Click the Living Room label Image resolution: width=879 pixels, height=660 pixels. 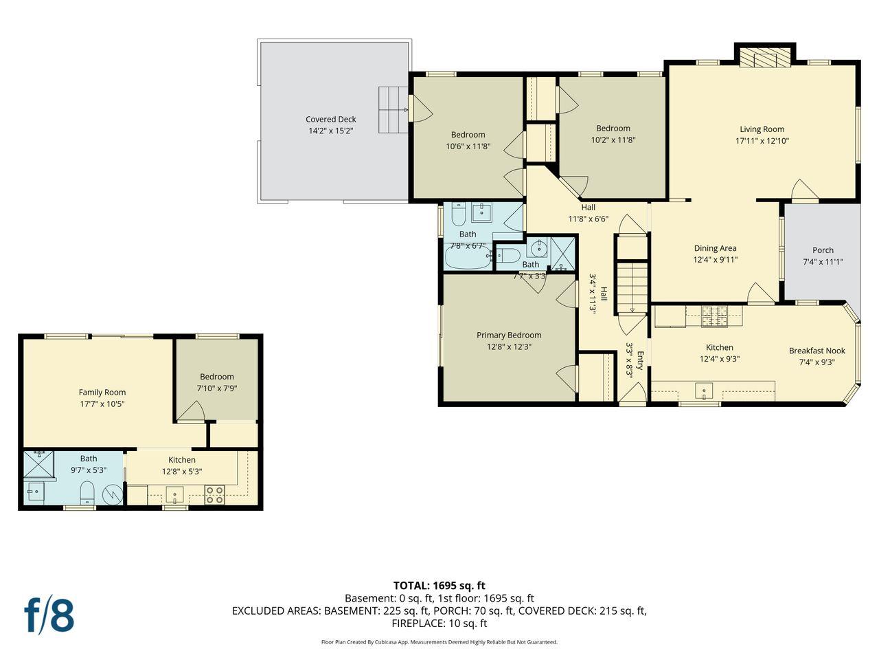762,129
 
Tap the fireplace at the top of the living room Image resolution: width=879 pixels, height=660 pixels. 765,58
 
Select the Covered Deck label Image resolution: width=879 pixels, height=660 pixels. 330,119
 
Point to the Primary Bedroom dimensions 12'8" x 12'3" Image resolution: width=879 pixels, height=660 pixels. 509,346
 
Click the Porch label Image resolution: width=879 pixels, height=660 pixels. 823,250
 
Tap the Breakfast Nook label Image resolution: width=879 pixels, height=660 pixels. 817,351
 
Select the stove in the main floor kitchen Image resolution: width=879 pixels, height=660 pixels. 714,316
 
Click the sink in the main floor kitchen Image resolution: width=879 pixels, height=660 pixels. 704,390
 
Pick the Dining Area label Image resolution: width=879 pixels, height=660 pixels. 715,248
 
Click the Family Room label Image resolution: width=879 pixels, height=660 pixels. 102,393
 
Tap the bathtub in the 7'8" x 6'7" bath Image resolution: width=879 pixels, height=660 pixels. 468,257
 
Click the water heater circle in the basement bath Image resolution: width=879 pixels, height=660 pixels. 113,495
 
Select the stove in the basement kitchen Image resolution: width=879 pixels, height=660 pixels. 214,495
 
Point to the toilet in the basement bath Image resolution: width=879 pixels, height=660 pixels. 87,492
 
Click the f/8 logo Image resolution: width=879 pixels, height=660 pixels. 49,615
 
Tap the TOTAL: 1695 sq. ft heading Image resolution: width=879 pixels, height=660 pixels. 439,586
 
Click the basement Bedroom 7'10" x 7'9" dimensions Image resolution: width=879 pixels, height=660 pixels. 216,388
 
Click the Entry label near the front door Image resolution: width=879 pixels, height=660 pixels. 640,360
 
